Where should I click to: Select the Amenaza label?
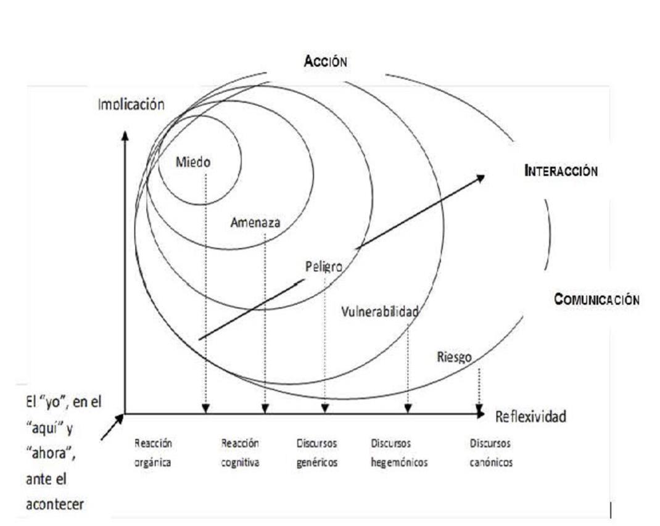pos(255,223)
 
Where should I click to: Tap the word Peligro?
pos(324,266)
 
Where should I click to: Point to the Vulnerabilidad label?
pos(380,311)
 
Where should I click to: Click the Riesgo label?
pos(455,357)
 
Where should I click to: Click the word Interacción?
pos(561,171)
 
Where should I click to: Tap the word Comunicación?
pos(596,300)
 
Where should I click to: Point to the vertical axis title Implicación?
pos(131,104)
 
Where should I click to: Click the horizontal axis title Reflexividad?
pos(530,417)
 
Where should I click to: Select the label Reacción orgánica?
pos(153,453)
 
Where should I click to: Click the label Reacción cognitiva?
pos(240,453)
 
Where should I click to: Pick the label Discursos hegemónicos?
pos(399,453)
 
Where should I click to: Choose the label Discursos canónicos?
pos(491,453)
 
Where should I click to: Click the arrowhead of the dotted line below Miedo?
pos(206,408)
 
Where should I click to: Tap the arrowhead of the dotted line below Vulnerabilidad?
pos(408,408)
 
